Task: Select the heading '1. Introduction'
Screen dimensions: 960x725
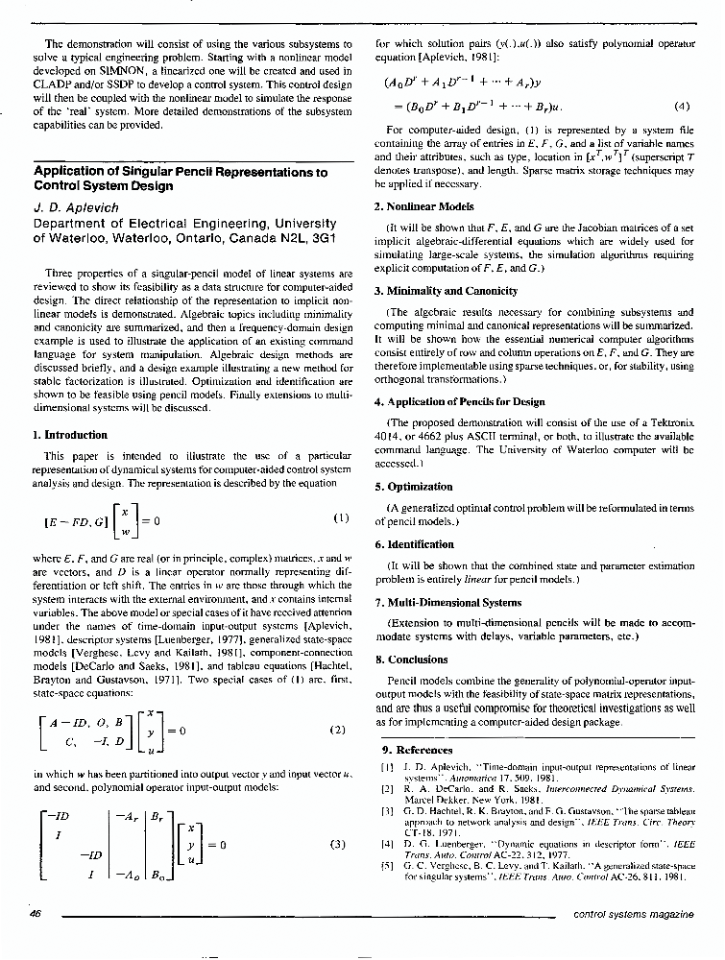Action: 70,435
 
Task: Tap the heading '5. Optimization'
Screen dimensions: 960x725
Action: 413,486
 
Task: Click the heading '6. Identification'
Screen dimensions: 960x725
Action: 414,543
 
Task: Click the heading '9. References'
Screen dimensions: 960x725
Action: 418,749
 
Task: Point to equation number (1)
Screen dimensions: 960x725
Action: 340,518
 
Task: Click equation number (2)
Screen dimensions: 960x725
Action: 337,729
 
